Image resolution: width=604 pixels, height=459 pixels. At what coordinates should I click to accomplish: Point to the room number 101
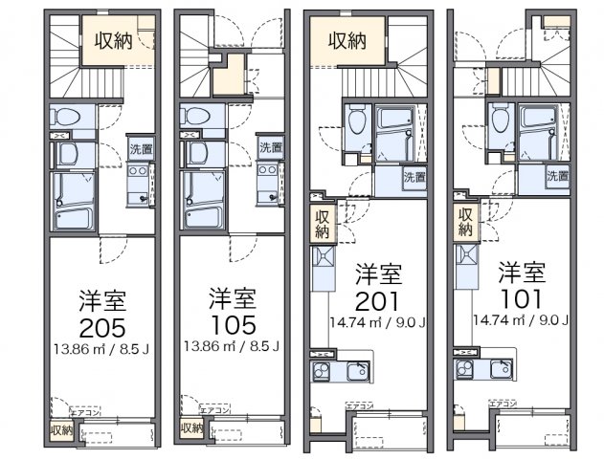tap(521, 299)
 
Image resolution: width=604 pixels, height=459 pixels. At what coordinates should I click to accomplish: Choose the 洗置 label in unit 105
tap(270, 148)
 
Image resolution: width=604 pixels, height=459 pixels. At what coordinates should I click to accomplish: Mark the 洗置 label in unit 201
tap(413, 176)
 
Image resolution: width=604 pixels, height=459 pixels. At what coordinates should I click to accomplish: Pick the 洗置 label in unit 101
tap(557, 176)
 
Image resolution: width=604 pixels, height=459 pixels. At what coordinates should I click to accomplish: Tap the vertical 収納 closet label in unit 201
tap(320, 222)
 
